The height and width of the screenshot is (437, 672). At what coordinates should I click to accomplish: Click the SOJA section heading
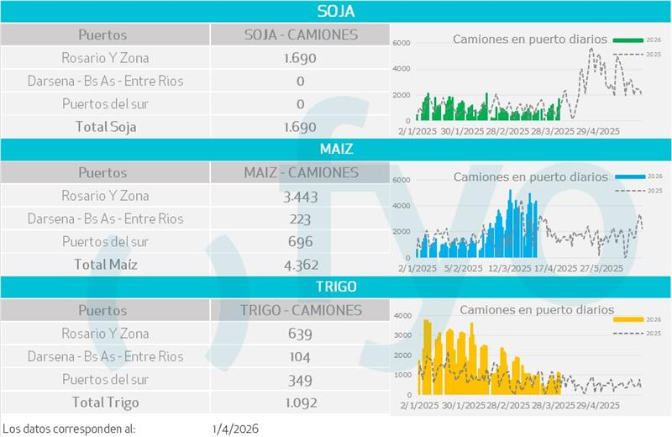[x=336, y=11]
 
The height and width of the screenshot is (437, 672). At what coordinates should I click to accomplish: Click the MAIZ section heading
[x=336, y=149]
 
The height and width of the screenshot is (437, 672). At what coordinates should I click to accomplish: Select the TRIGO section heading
[x=336, y=287]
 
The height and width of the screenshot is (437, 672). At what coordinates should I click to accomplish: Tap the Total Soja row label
[x=104, y=127]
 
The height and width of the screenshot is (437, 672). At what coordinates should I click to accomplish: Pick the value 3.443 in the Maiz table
[x=300, y=196]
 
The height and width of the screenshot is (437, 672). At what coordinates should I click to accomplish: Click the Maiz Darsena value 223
[x=300, y=218]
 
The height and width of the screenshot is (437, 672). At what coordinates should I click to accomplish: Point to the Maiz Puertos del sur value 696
[x=300, y=242]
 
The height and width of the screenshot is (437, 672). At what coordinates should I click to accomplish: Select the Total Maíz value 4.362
[x=300, y=265]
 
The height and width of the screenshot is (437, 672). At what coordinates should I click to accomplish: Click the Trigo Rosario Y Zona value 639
[x=300, y=334]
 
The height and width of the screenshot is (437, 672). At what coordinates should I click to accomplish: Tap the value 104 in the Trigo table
[x=300, y=356]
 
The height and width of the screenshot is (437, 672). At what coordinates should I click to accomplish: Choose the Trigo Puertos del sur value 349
[x=300, y=380]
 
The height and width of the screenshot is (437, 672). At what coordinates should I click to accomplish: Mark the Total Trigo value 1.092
[x=300, y=403]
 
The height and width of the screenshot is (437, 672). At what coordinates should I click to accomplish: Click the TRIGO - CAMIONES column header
[x=300, y=310]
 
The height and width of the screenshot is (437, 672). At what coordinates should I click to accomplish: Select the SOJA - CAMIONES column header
[x=300, y=34]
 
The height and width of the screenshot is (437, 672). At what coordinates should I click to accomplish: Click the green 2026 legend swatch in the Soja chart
[x=628, y=39]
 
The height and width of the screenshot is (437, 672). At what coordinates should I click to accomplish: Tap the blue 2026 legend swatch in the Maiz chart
[x=628, y=177]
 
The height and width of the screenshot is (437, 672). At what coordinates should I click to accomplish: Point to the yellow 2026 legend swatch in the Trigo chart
[x=628, y=319]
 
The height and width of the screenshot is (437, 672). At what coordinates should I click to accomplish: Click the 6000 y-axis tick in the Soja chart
[x=402, y=42]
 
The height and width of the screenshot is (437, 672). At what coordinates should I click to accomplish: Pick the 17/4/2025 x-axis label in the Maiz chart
[x=554, y=269]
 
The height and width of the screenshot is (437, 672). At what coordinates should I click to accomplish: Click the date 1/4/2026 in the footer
[x=236, y=428]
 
